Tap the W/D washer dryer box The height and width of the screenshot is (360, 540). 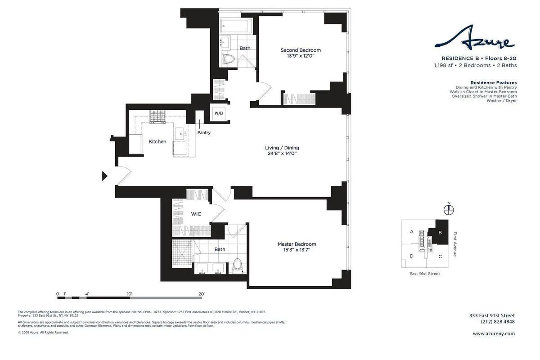coord(218,113)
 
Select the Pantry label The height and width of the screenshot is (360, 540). coord(204,132)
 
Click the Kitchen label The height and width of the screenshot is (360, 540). coord(157,141)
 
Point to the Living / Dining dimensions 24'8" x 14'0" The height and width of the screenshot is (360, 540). coord(282,153)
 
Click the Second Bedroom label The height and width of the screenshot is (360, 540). coord(301,50)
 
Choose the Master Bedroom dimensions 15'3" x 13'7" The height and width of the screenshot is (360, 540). coord(297,250)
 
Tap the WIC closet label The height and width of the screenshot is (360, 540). coord(196,214)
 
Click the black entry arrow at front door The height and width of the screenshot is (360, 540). coord(104,176)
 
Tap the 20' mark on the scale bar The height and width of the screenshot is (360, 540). coord(202,294)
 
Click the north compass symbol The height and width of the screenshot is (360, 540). coord(449,210)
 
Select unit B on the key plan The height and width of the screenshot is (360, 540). coord(440,233)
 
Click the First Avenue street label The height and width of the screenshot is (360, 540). coord(455,244)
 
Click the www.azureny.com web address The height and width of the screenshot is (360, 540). coord(494,333)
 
